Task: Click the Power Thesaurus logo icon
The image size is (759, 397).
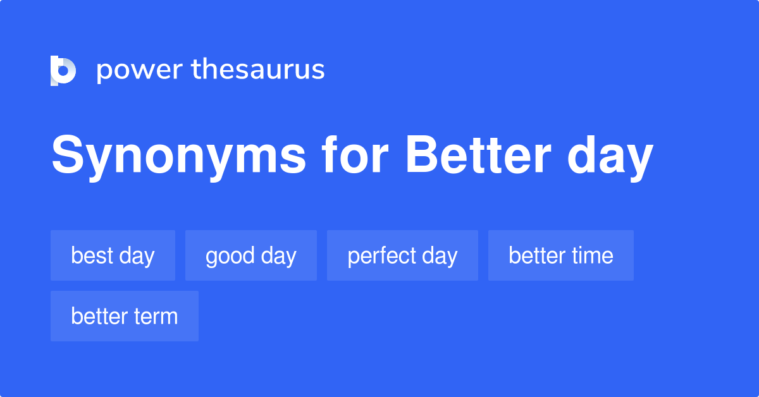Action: (x=63, y=70)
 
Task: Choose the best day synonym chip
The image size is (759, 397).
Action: (x=113, y=255)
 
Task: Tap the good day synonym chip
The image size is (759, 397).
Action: (x=250, y=255)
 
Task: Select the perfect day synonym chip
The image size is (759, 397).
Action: (x=402, y=255)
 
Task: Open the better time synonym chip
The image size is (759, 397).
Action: (x=560, y=255)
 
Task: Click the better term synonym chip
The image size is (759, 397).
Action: (x=124, y=316)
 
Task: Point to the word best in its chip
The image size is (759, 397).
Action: (x=92, y=255)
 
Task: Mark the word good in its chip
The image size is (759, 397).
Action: (x=230, y=255)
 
